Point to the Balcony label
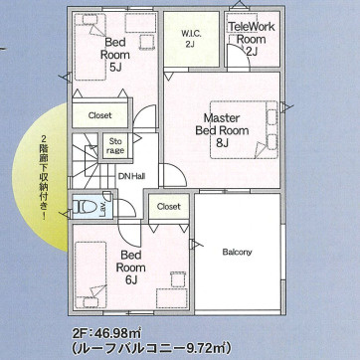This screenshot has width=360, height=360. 237,252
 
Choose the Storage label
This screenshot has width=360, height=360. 115,146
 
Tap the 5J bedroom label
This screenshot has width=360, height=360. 115,55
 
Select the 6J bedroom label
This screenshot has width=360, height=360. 130,268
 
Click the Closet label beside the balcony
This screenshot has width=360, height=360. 169,207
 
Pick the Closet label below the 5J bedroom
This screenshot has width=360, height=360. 100,115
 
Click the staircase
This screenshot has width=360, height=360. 86,161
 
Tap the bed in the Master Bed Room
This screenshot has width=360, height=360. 244,129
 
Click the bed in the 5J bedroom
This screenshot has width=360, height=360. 90,47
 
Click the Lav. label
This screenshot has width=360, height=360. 102,209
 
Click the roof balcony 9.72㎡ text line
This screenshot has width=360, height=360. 151,348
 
